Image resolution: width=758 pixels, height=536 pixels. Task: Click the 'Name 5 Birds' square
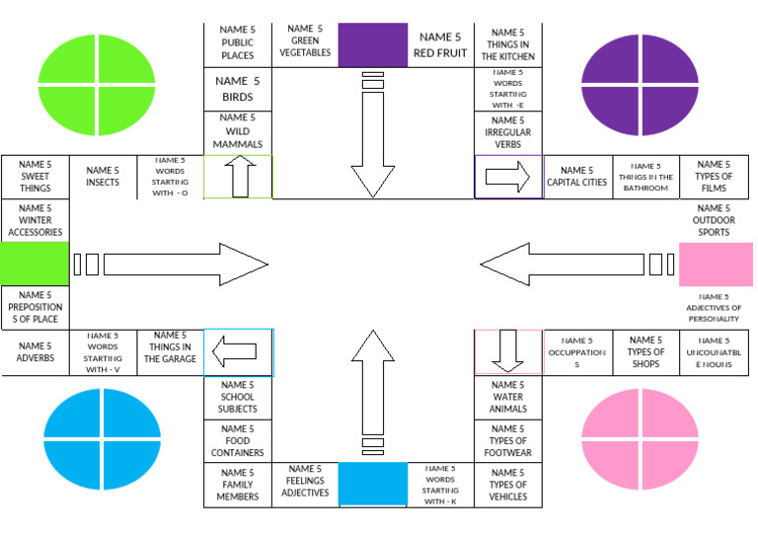pos(237,90)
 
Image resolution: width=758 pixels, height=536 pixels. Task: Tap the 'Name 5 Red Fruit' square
pos(440,45)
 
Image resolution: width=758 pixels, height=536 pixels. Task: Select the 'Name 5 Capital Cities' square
pos(577,177)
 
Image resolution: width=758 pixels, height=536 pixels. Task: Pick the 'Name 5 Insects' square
pos(103,177)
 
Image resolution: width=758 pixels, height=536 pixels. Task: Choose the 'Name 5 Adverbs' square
pos(36,352)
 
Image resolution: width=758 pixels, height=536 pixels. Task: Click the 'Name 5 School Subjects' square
pos(237,398)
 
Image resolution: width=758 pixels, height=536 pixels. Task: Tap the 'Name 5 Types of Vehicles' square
pos(508,485)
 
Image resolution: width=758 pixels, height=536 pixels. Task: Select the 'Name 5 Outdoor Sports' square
pos(714,220)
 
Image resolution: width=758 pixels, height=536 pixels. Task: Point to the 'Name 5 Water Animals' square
pos(508,397)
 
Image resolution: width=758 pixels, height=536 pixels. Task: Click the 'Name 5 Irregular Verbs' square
pos(508,133)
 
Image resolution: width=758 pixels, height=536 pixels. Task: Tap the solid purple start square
pos(373,45)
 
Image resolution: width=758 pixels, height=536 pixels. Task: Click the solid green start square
pos(35,264)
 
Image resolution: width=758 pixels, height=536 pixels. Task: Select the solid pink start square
pos(716,265)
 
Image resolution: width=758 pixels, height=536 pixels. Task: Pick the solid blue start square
pos(373,484)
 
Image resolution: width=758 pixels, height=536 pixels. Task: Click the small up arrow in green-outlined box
pos(240,177)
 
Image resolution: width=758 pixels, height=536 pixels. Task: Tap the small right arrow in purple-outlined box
pos(507,177)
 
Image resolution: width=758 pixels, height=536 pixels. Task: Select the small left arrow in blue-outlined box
pos(235,351)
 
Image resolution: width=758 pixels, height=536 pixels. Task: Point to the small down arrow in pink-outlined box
pos(507,350)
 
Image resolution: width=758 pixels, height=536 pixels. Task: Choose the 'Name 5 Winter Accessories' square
pos(36,220)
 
